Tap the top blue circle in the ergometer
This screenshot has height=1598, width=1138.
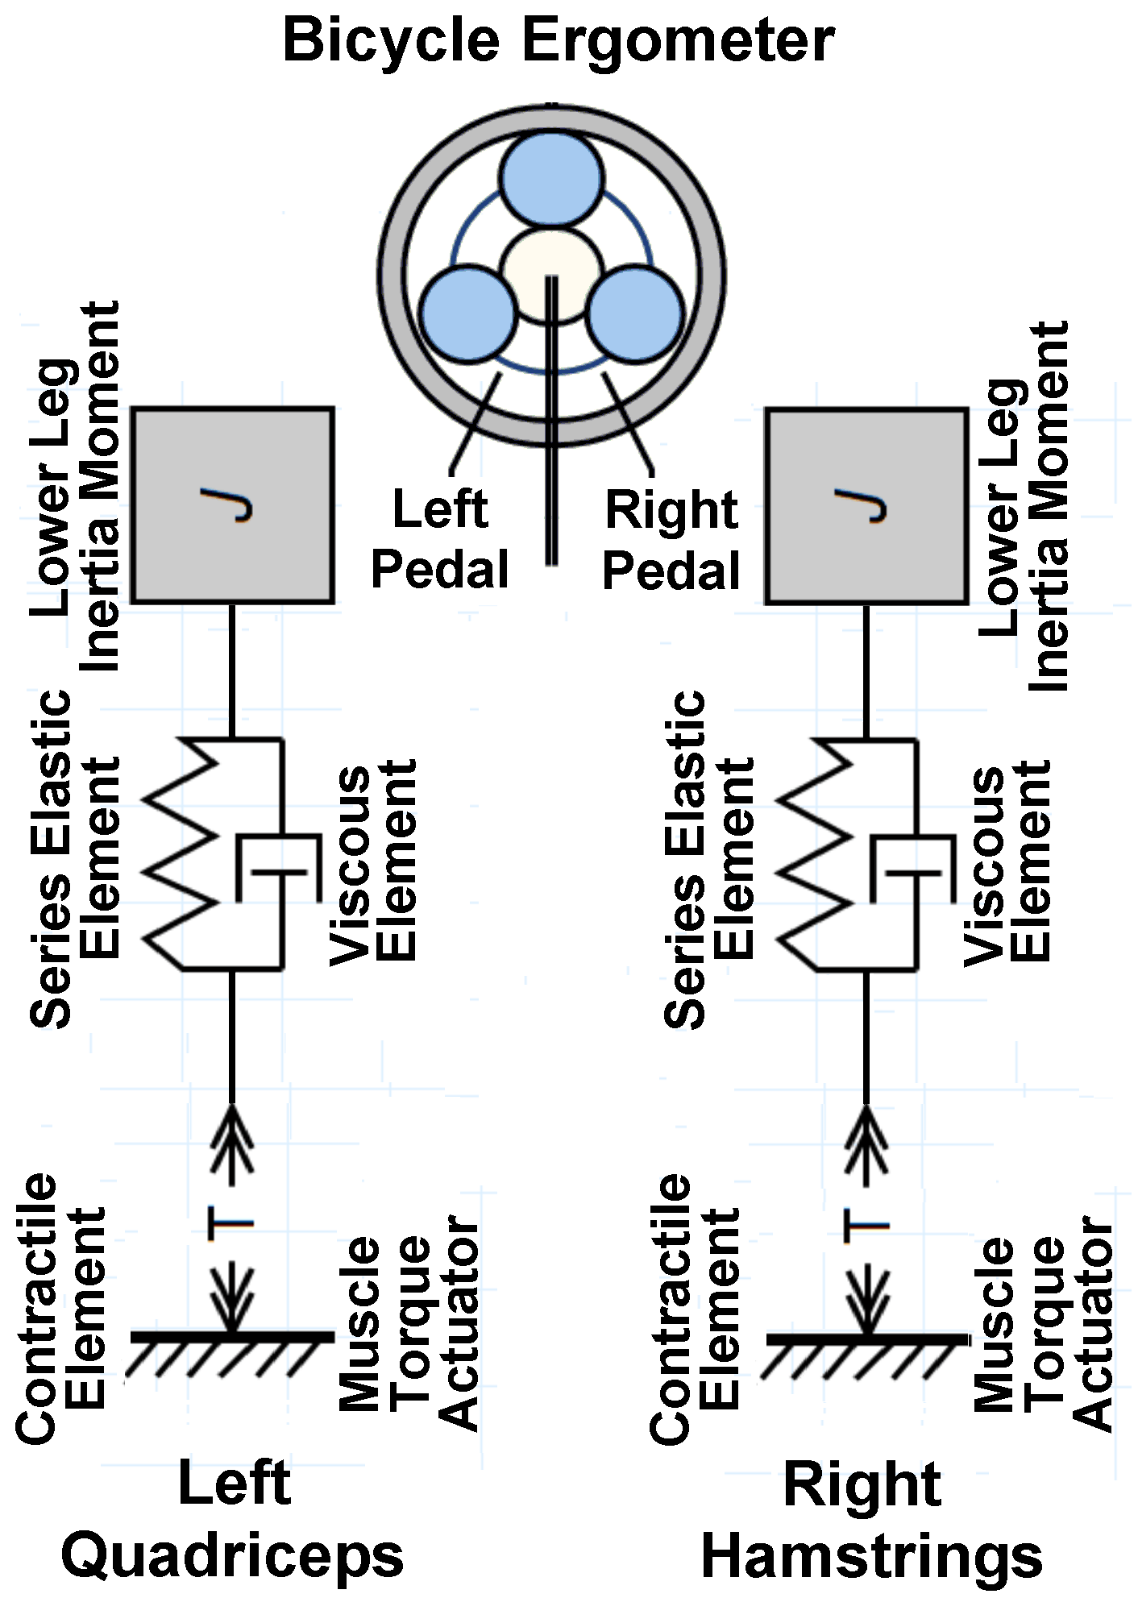[551, 178]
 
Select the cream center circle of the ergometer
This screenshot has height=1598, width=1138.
[551, 274]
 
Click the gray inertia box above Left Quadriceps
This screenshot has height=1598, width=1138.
[233, 505]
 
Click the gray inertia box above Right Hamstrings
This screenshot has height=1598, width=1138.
[866, 505]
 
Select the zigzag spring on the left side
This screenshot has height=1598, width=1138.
[184, 854]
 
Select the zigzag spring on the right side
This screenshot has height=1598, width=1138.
[817, 854]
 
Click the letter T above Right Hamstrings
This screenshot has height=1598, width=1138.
[866, 1226]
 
